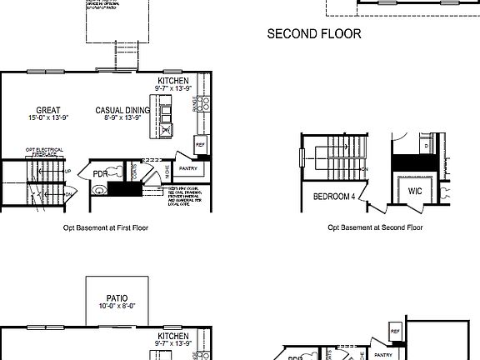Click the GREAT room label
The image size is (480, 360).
(47, 110)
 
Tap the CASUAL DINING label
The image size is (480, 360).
(122, 110)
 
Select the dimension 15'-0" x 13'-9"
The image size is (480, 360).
(47, 118)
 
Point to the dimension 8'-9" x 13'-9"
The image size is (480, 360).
(122, 118)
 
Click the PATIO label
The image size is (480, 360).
(116, 297)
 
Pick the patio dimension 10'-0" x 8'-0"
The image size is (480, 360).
(116, 306)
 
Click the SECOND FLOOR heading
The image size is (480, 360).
(313, 34)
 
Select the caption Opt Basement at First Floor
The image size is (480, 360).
(106, 227)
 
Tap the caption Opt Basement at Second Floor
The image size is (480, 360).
(375, 227)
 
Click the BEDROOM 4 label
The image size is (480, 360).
(333, 197)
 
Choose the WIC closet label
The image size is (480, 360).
(415, 192)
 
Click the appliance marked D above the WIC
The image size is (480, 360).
(427, 145)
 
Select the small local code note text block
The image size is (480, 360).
(185, 197)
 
